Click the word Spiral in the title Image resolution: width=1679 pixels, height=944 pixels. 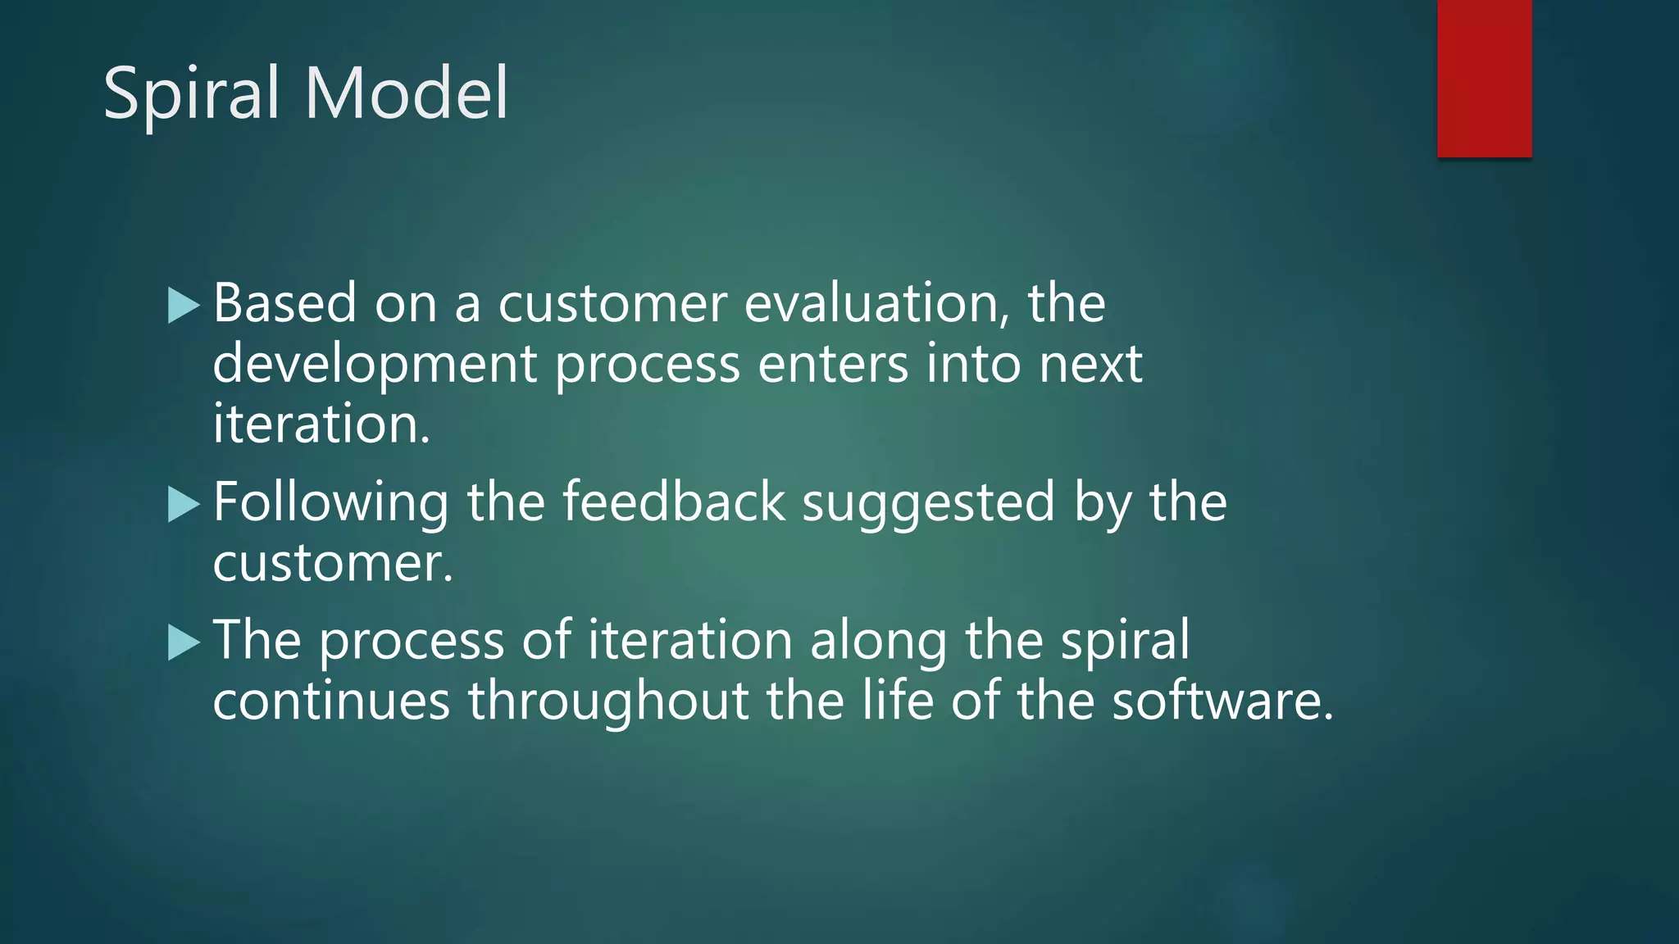point(192,94)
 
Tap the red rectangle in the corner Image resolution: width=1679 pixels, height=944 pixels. point(1484,78)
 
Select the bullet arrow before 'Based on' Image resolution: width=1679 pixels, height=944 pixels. point(184,306)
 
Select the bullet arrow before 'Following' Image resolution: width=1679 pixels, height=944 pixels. point(184,504)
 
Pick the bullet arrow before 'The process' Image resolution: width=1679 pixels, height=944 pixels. point(184,642)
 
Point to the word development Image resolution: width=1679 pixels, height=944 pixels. point(375,365)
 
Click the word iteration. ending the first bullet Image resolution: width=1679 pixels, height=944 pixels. point(321,424)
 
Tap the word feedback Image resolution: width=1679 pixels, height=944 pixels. point(673,502)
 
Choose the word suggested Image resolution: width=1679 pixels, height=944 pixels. point(928,504)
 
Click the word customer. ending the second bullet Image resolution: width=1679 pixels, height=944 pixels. point(333,565)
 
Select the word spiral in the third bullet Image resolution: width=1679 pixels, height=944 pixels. point(1125,642)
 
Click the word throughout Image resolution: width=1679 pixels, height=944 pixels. point(608,702)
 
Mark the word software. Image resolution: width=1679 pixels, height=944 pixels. point(1222,702)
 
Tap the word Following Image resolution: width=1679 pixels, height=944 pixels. point(330,504)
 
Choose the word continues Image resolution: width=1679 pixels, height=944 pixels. point(331,702)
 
